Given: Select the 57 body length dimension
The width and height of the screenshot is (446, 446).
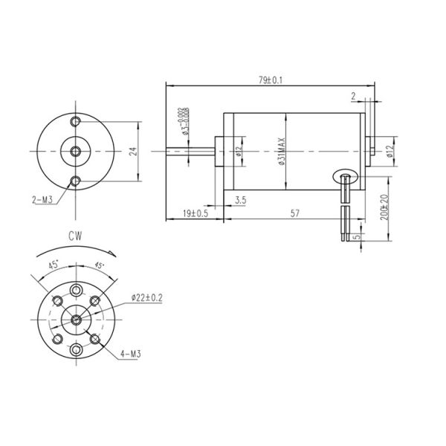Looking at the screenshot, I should pyautogui.click(x=294, y=213).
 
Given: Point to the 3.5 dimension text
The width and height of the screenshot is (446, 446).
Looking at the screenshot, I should pyautogui.click(x=240, y=200).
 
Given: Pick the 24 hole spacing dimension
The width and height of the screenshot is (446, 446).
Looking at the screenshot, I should pyautogui.click(x=133, y=151).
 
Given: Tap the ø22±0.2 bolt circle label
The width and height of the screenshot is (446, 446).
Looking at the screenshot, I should pyautogui.click(x=147, y=297).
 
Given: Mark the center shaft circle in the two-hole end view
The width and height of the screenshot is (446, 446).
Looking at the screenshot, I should pyautogui.click(x=76, y=151).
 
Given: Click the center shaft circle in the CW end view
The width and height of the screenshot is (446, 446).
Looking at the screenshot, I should pyautogui.click(x=77, y=320).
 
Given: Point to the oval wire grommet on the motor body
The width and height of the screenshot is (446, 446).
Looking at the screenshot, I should pyautogui.click(x=346, y=175).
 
